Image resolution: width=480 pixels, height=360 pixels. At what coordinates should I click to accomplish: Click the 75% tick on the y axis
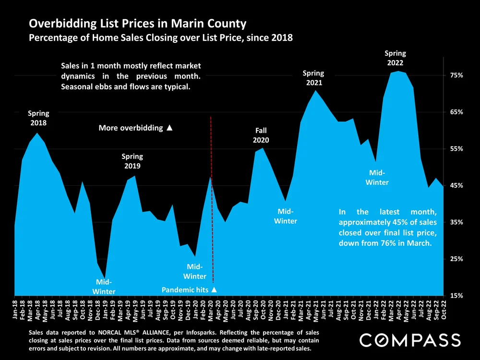[456, 75]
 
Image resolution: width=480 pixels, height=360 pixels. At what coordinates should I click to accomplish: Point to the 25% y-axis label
[456, 259]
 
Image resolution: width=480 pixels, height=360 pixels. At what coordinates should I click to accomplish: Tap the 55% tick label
[456, 149]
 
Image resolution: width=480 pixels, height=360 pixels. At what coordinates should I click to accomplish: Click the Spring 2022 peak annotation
[396, 58]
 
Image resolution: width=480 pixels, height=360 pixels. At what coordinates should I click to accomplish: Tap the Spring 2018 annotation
[38, 118]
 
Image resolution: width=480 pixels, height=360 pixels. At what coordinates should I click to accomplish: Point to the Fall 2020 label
[261, 135]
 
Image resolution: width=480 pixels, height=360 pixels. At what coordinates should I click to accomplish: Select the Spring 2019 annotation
[132, 161]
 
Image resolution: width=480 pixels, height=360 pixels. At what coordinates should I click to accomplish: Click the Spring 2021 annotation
[313, 78]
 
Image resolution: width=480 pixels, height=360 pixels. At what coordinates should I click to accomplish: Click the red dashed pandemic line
[212, 192]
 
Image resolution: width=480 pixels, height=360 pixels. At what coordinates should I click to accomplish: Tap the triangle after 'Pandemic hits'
[214, 290]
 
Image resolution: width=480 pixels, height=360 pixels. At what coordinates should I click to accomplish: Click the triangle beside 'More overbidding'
[169, 128]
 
